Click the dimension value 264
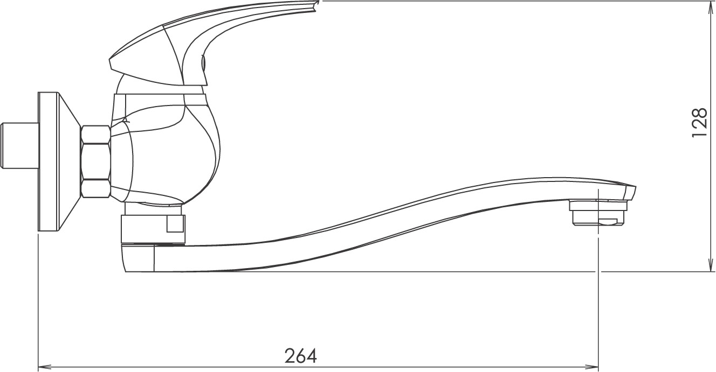(x=300, y=356)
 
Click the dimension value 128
(x=699, y=123)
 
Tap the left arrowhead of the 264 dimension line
(x=43, y=367)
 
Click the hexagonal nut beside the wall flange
(x=95, y=162)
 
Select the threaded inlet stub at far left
(x=19, y=146)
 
